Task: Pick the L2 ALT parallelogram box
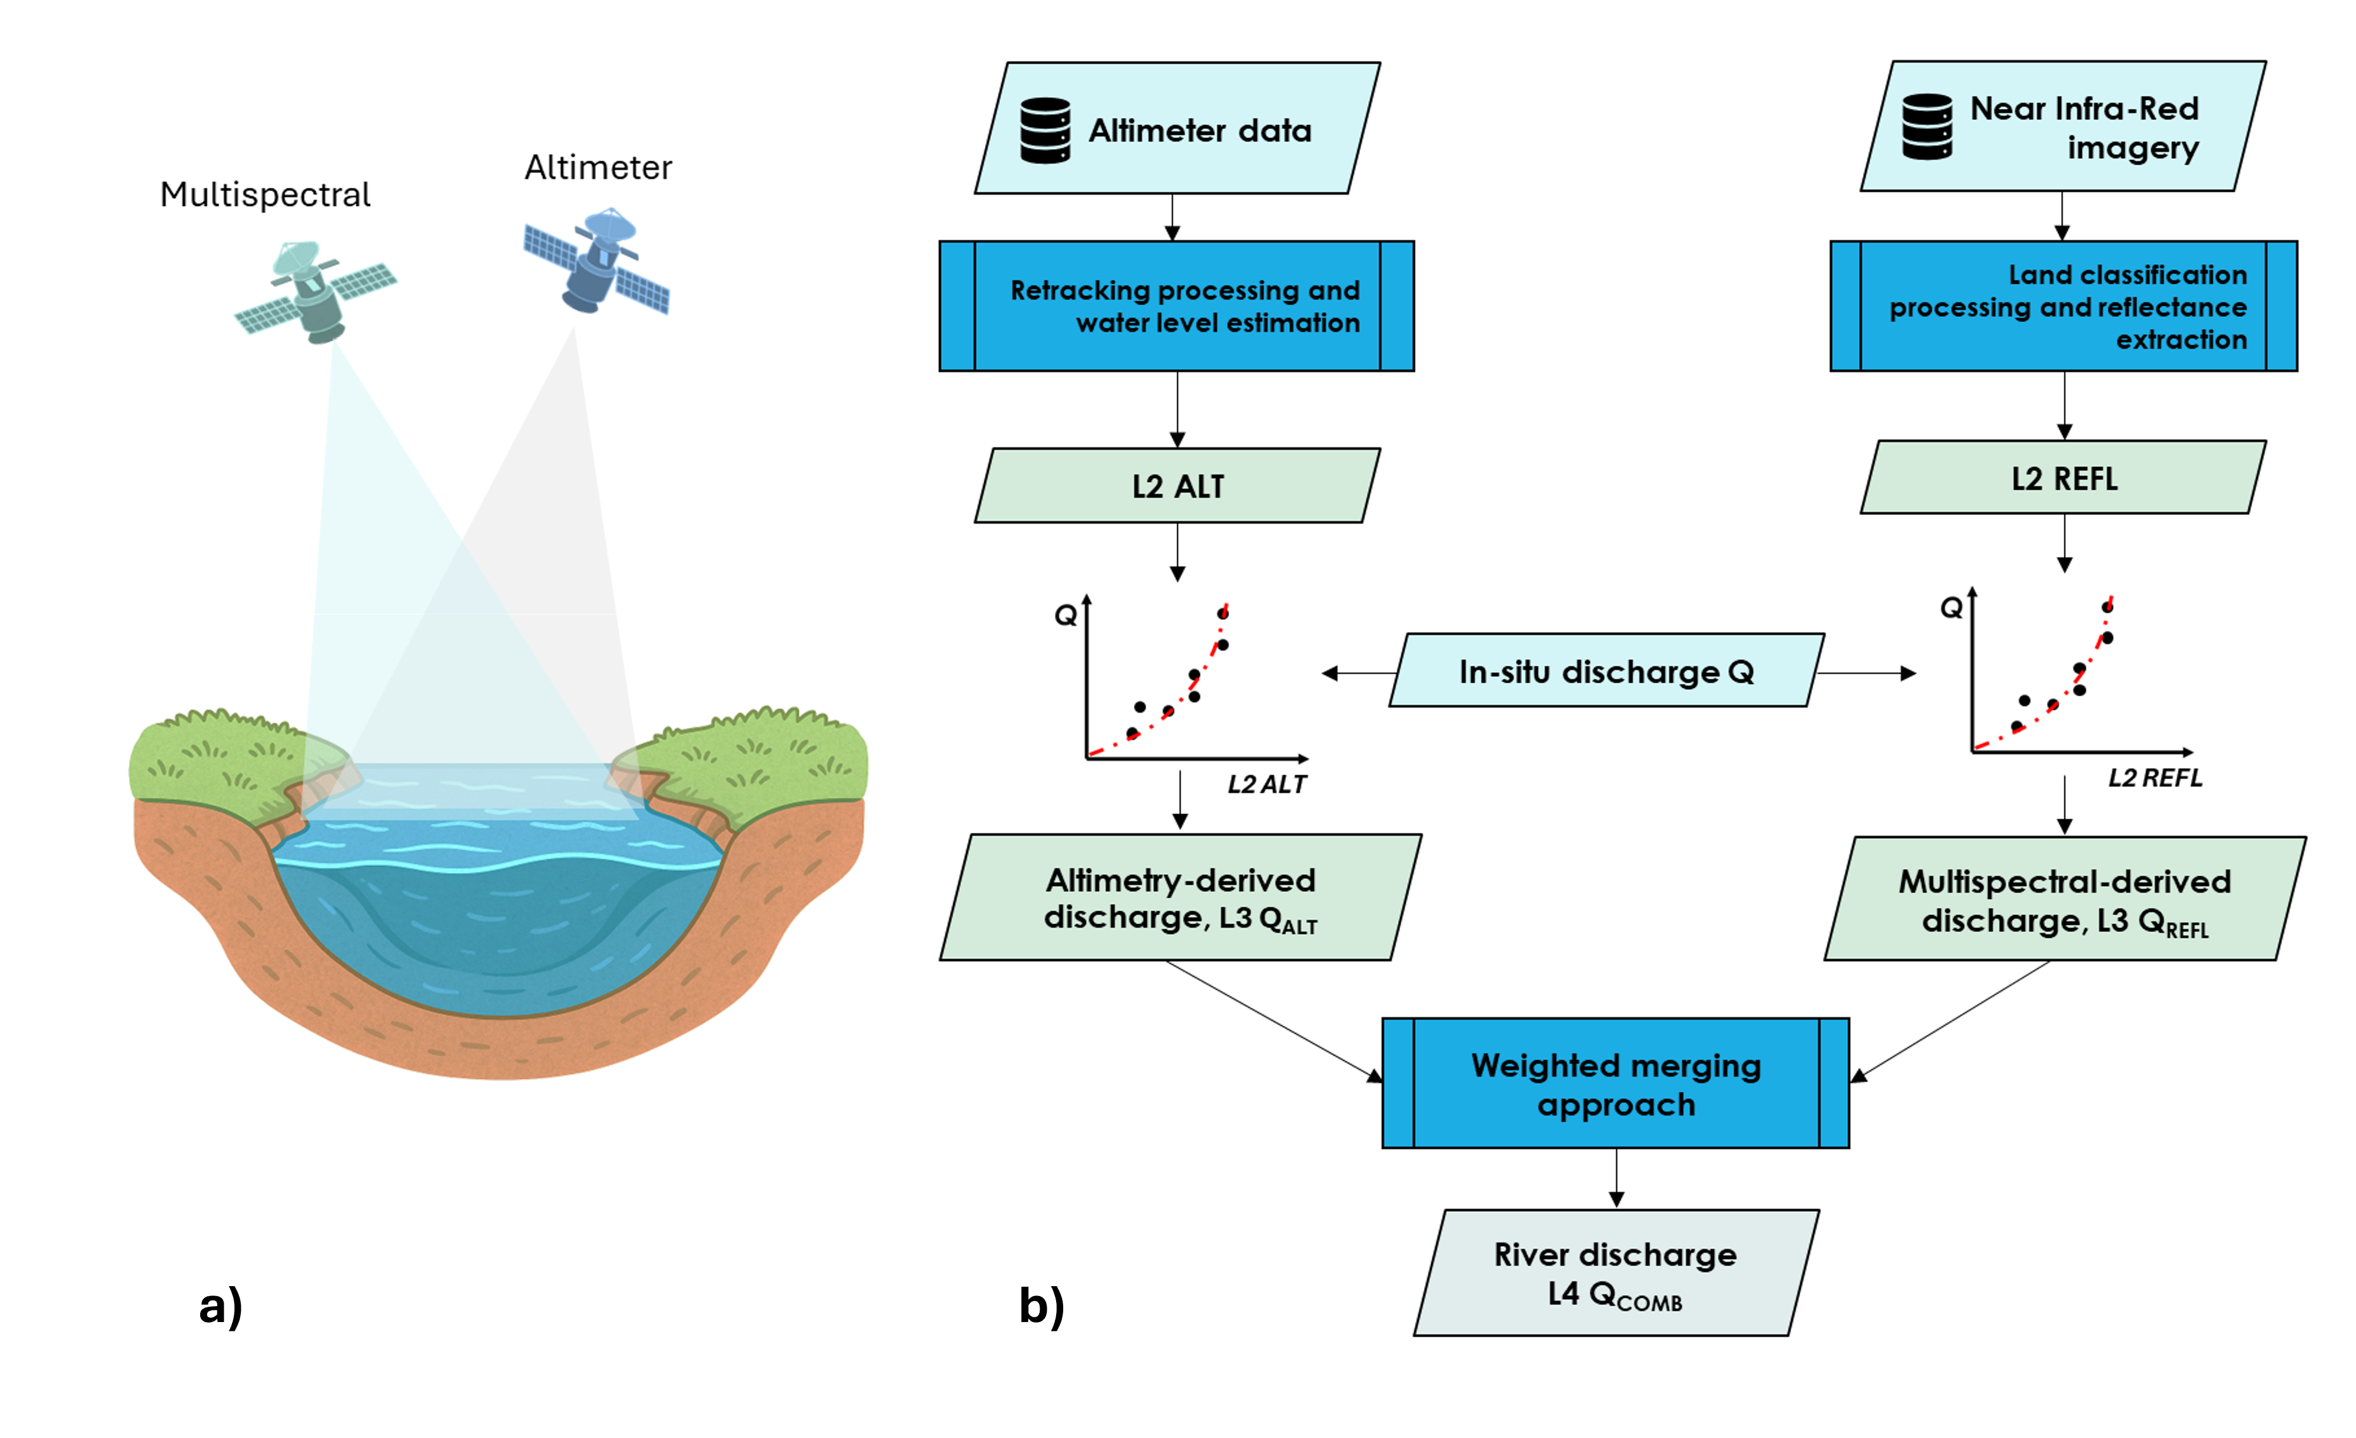pyautogui.click(x=1177, y=486)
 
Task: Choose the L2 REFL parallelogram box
pyautogui.click(x=2063, y=478)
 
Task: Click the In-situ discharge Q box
pyautogui.click(x=1607, y=671)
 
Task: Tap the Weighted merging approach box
pyautogui.click(x=1616, y=1083)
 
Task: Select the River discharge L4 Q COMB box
pyautogui.click(x=1616, y=1273)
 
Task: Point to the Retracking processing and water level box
pyautogui.click(x=1177, y=306)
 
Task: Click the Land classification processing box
pyautogui.click(x=2063, y=306)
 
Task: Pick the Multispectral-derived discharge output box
pyautogui.click(x=2065, y=899)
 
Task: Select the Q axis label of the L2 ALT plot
pyautogui.click(x=1065, y=615)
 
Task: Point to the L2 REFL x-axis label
pyautogui.click(x=2155, y=778)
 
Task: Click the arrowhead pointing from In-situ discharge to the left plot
pyautogui.click(x=1329, y=673)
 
